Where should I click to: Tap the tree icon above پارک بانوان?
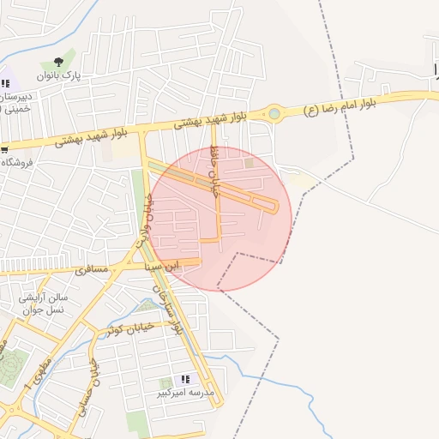[x=58, y=62]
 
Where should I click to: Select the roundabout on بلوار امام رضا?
[x=274, y=112]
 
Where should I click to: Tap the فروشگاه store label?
[x=16, y=163]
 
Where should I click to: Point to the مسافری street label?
[x=93, y=270]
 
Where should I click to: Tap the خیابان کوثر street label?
[x=134, y=328]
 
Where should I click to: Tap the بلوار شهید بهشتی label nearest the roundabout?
[x=211, y=120]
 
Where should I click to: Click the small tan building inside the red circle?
[x=250, y=163]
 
